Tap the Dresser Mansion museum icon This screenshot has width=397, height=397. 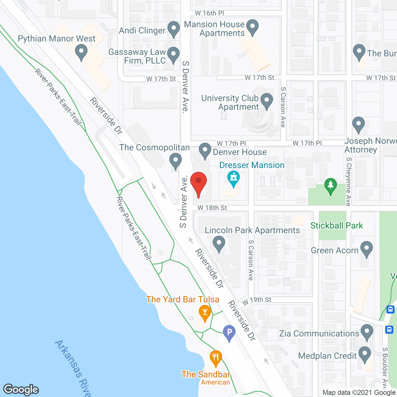click(x=234, y=178)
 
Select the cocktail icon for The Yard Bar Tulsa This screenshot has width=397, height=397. click(x=205, y=312)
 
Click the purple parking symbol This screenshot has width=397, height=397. click(x=229, y=332)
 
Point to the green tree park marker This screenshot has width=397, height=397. click(x=331, y=185)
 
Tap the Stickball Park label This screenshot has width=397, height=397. click(x=337, y=225)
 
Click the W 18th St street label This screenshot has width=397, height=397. click(x=212, y=208)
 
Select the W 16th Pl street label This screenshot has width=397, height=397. click(x=209, y=13)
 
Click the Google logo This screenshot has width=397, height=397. click(x=21, y=390)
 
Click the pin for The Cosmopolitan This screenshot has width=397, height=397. click(x=176, y=161)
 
